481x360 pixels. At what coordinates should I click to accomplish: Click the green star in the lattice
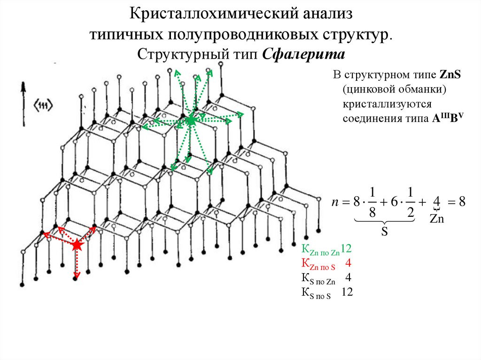[x=191, y=120]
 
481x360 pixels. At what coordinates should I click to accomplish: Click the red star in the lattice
[x=77, y=245]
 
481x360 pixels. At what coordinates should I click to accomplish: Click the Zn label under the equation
[x=437, y=219]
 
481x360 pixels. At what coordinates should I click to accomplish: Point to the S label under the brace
[x=384, y=231]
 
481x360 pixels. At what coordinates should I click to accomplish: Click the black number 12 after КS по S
[x=347, y=292]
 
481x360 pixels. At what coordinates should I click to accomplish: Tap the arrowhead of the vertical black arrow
[x=23, y=86]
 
